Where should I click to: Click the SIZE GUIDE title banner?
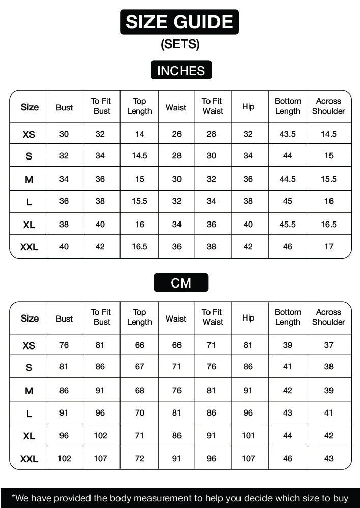point(179,22)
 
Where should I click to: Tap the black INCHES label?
point(181,71)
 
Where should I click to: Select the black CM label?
point(181,283)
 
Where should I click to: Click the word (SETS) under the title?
point(180,44)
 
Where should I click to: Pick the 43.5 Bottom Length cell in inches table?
point(288,134)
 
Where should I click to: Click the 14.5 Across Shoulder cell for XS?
point(328,134)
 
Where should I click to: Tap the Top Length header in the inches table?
point(139,106)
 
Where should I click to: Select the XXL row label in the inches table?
point(29,247)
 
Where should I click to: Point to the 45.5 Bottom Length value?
point(288,224)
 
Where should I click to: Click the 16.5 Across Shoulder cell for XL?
point(328,224)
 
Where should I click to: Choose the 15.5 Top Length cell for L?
point(139,201)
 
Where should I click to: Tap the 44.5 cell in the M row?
point(288,179)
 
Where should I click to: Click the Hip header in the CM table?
point(248,318)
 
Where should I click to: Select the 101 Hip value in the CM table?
point(248,436)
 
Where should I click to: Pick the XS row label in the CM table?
point(29,345)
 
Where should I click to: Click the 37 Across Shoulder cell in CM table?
point(328,345)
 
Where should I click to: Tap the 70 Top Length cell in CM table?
point(139,413)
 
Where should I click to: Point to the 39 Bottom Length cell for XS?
point(288,345)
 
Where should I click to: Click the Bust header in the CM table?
point(64,319)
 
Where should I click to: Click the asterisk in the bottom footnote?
point(14,497)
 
